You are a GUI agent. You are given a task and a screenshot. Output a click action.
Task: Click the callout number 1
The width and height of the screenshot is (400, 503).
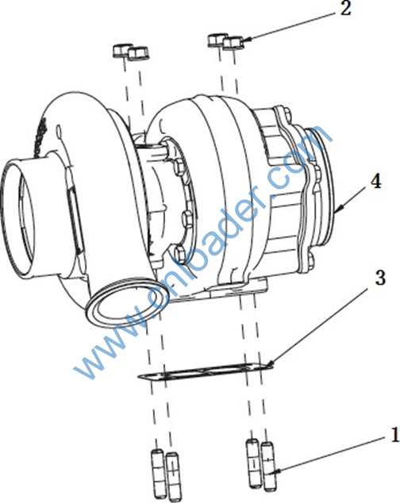pyautogui.click(x=394, y=435)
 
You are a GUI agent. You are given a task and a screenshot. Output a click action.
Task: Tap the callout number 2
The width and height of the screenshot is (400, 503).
pyautogui.click(x=345, y=8)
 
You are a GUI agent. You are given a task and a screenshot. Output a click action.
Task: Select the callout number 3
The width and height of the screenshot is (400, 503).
pyautogui.click(x=380, y=278)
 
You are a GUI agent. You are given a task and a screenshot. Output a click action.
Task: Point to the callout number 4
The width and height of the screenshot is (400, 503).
pyautogui.click(x=375, y=181)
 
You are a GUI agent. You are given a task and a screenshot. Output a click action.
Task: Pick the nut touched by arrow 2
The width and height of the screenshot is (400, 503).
pyautogui.click(x=233, y=44)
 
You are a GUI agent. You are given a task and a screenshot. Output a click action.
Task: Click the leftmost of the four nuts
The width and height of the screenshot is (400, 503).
pyautogui.click(x=122, y=51)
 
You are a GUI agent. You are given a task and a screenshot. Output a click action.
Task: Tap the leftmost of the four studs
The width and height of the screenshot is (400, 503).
pyautogui.click(x=158, y=473)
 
